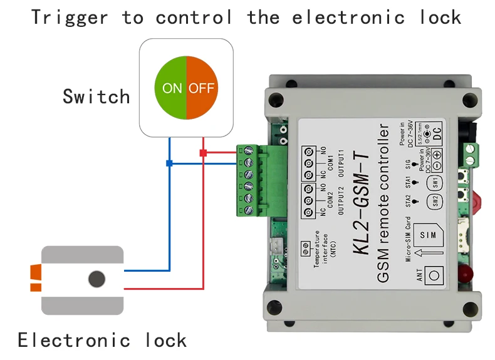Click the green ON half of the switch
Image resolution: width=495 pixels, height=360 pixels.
click(170, 88)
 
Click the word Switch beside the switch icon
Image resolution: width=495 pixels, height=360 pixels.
click(96, 96)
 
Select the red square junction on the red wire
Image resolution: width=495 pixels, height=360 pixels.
click(202, 152)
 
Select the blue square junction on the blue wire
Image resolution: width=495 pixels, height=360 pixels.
click(169, 163)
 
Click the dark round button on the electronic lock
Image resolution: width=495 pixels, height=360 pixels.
click(96, 279)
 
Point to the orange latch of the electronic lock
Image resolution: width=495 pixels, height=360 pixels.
click(36, 279)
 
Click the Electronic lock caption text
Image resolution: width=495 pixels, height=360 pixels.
click(102, 340)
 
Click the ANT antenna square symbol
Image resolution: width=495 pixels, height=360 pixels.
click(434, 274)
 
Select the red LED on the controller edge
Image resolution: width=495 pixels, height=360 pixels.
click(466, 273)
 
